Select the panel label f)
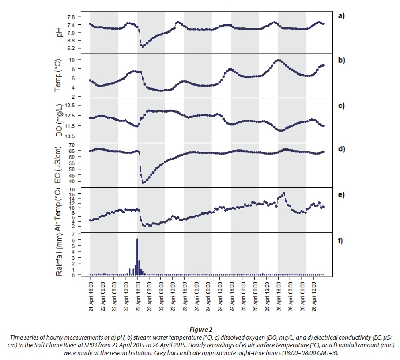pyautogui.click(x=340, y=241)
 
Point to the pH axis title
pyautogui.click(x=59, y=32)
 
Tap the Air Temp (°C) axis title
pyautogui.click(x=59, y=210)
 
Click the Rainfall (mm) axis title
pyautogui.click(x=59, y=255)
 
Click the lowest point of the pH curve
pyautogui.click(x=143, y=46)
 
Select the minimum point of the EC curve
pyautogui.click(x=143, y=182)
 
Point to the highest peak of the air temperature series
pyautogui.click(x=284, y=193)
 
